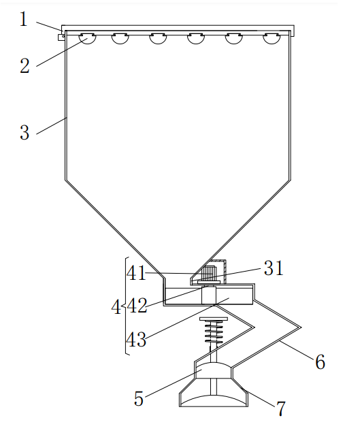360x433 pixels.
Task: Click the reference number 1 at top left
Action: click(23, 18)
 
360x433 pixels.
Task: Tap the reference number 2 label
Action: click(24, 66)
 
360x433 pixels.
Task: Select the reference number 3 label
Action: click(24, 131)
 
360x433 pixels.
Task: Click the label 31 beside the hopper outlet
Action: click(273, 268)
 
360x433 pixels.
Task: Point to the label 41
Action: click(136, 273)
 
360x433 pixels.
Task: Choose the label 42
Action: click(137, 306)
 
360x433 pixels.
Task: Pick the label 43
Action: click(136, 340)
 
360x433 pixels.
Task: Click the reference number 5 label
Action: click(139, 398)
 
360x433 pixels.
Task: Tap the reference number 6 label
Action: click(319, 362)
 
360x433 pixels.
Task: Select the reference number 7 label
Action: click(280, 408)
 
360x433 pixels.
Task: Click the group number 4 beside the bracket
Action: click(115, 308)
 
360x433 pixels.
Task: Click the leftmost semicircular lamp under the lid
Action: click(86, 38)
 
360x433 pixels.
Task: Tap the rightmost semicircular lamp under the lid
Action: click(271, 38)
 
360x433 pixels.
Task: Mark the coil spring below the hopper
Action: click(213, 333)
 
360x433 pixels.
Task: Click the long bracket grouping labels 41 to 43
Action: click(126, 306)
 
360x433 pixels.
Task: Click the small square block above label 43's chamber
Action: click(208, 295)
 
